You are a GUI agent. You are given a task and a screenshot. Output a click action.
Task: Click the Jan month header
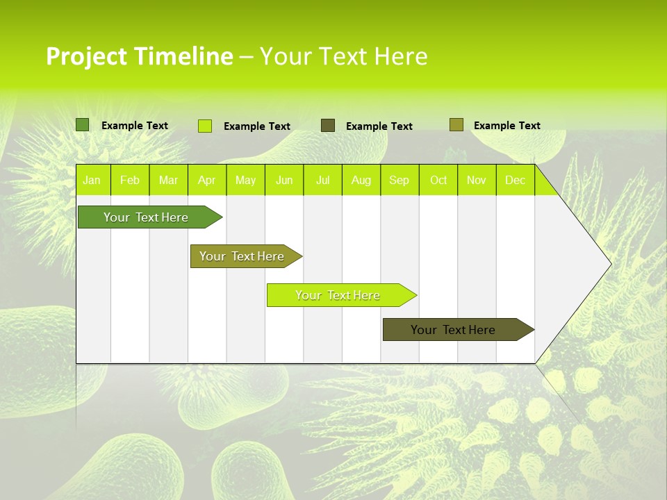click(92, 180)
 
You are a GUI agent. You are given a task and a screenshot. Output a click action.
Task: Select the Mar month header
click(168, 180)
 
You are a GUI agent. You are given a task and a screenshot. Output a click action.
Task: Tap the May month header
click(245, 180)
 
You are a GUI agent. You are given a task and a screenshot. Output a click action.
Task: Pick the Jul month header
click(322, 180)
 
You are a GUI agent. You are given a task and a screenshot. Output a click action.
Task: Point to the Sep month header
click(399, 180)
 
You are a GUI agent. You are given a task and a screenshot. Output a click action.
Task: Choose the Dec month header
click(515, 180)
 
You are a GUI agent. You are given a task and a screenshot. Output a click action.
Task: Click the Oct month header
click(438, 180)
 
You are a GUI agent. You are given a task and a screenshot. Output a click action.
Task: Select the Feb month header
click(130, 180)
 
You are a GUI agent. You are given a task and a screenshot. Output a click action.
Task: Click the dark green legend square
click(83, 125)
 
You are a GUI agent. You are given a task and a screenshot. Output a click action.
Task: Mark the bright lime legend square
click(205, 126)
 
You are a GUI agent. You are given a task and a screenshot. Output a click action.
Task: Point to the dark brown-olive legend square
click(328, 125)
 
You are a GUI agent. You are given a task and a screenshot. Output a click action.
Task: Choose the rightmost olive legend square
click(456, 125)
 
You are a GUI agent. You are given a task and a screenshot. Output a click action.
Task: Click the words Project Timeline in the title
click(139, 56)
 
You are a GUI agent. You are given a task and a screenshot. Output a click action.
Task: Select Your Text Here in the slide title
click(343, 56)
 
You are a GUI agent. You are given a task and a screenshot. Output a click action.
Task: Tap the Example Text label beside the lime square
click(256, 126)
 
